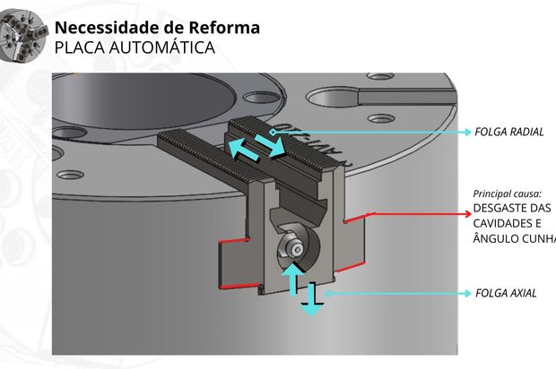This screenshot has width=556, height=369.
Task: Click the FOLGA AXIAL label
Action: [x=506, y=293]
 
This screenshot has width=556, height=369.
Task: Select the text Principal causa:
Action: [x=507, y=193]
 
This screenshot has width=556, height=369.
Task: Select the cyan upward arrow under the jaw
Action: [x=291, y=279]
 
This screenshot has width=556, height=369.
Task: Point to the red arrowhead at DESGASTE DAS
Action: [x=466, y=213]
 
